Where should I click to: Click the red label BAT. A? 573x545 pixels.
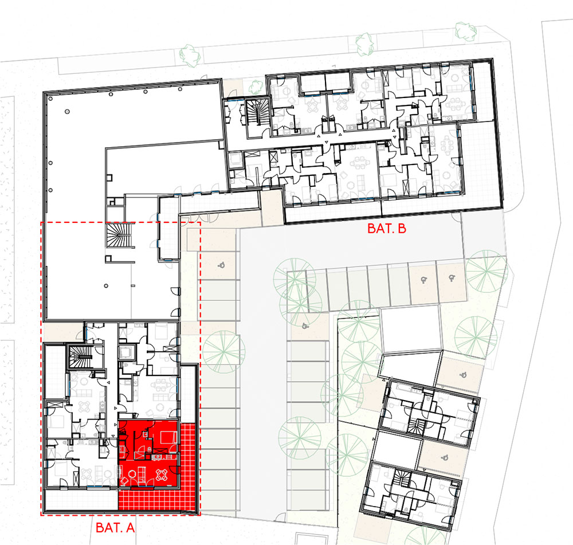tap(115, 527)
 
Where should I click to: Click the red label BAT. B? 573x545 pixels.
tap(387, 229)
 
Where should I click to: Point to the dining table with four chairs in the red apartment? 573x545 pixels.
tap(162, 475)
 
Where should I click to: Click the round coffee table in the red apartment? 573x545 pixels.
tap(132, 475)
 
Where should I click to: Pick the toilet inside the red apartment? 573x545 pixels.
tap(150, 449)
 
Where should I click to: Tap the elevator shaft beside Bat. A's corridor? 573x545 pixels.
tap(127, 353)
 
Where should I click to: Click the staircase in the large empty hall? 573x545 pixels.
tap(118, 236)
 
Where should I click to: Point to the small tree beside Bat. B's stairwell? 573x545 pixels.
tap(256, 87)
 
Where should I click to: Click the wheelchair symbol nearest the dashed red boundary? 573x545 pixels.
tap(221, 265)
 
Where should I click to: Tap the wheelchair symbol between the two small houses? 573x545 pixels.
tap(445, 457)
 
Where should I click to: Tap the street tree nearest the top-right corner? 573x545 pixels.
tap(465, 31)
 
